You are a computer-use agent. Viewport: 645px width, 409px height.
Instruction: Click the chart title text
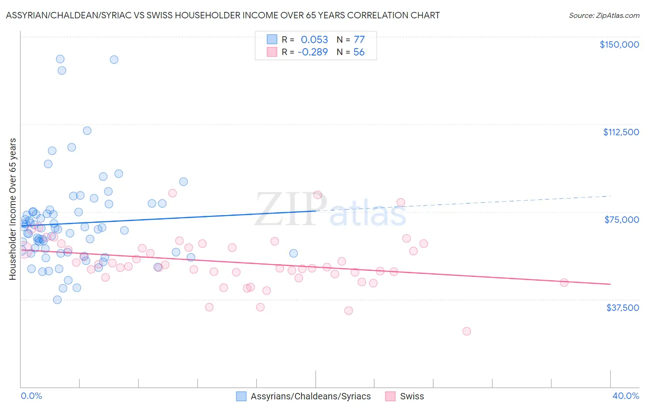click(222, 15)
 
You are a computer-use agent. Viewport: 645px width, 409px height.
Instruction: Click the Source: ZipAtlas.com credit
click(604, 15)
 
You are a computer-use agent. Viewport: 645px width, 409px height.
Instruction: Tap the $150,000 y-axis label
click(619, 44)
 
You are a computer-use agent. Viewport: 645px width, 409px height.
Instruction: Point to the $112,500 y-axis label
click(621, 132)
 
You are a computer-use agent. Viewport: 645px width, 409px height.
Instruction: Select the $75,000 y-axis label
click(622, 220)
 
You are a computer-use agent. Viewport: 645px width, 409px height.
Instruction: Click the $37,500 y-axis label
click(622, 308)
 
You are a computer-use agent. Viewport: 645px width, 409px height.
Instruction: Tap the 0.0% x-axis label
click(31, 396)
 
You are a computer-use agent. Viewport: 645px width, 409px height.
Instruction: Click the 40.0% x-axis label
click(625, 396)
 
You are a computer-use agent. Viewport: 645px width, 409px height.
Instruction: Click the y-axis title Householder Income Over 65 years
click(13, 209)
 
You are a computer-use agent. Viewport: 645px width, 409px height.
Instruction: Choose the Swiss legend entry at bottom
click(411, 396)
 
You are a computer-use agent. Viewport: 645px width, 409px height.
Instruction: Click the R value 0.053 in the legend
click(314, 39)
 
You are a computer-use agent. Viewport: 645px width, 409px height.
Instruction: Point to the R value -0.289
click(312, 52)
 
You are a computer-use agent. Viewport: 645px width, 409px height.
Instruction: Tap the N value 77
click(359, 39)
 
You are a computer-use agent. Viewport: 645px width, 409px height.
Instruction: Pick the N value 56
click(359, 52)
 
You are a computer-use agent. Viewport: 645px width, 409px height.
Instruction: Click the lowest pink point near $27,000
click(467, 331)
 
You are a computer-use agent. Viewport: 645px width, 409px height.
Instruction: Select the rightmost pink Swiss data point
click(564, 282)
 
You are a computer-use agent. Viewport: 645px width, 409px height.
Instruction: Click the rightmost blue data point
click(294, 253)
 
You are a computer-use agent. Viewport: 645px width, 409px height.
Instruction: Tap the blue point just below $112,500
click(87, 131)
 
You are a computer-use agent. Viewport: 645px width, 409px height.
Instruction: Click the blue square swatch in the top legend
click(272, 39)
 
